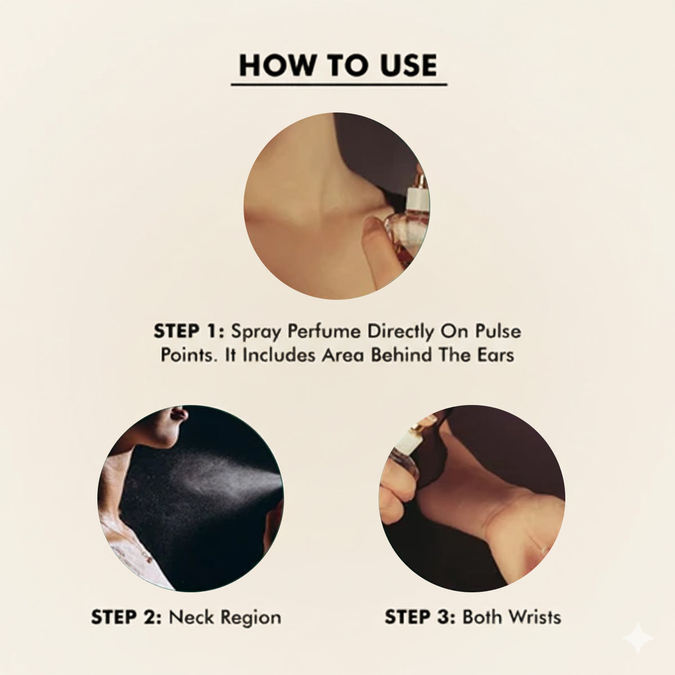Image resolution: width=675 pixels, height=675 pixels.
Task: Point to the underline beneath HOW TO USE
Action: [x=339, y=84]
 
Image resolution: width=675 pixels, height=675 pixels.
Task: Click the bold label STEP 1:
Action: [x=189, y=331]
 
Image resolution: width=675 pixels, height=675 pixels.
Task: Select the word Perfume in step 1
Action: [x=323, y=331]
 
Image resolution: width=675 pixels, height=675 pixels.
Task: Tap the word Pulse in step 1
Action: [x=498, y=331]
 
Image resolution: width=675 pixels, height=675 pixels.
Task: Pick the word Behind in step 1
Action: [x=401, y=355]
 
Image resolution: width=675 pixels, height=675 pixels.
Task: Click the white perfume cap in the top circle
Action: [x=417, y=199]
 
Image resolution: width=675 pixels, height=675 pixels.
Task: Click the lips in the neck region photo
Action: [x=179, y=413]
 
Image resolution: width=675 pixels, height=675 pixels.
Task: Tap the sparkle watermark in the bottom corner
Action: [x=637, y=637]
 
